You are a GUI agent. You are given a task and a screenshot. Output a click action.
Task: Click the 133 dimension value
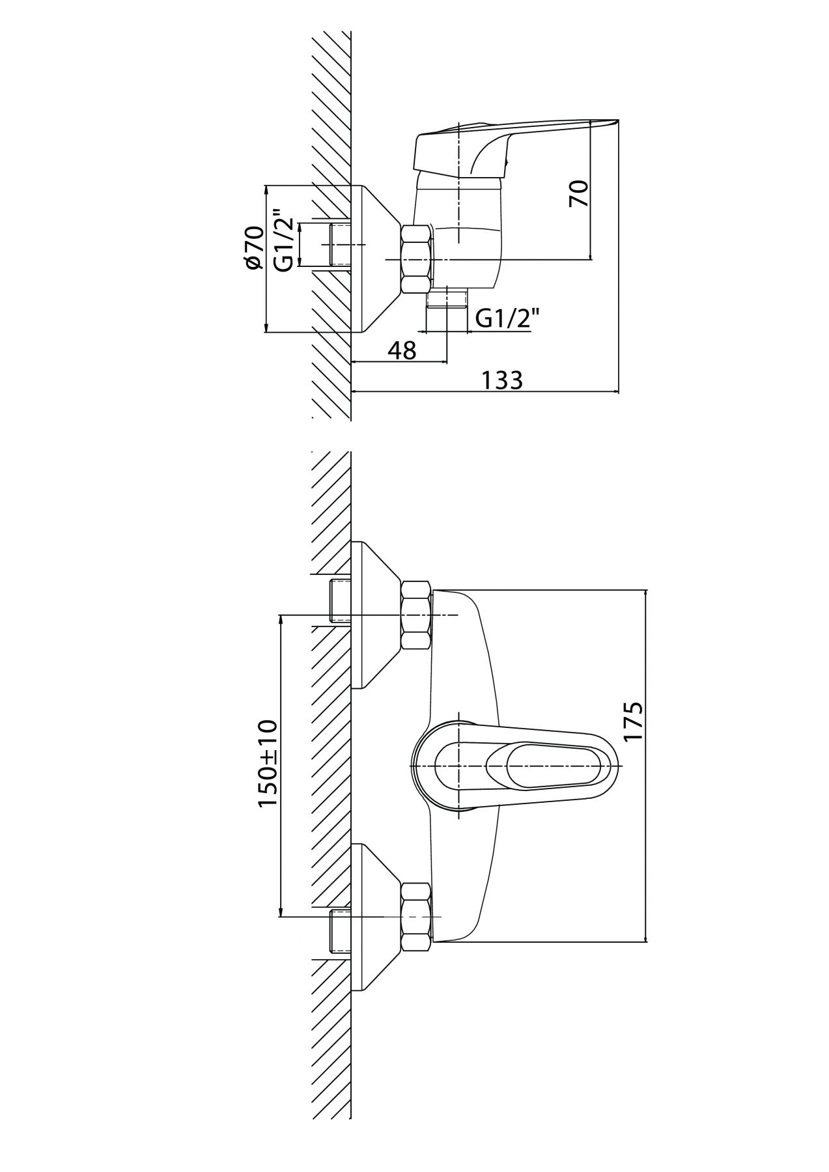[x=502, y=380]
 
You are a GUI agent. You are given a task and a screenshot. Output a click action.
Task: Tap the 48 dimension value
[x=402, y=350]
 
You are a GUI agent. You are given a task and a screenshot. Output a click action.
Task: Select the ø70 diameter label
[x=253, y=247]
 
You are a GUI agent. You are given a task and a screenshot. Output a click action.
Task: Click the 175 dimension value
[x=632, y=720]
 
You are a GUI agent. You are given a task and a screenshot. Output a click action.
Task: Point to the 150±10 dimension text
[x=268, y=764]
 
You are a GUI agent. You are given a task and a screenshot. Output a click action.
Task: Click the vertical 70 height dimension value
[x=579, y=193]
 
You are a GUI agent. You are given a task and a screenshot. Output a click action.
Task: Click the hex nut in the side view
[x=417, y=258]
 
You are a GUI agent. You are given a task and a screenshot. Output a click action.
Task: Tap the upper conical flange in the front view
[x=376, y=615]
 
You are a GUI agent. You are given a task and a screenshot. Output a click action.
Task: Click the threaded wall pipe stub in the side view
[x=341, y=244]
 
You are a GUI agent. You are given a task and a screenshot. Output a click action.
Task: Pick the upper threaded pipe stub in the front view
[x=341, y=600]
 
